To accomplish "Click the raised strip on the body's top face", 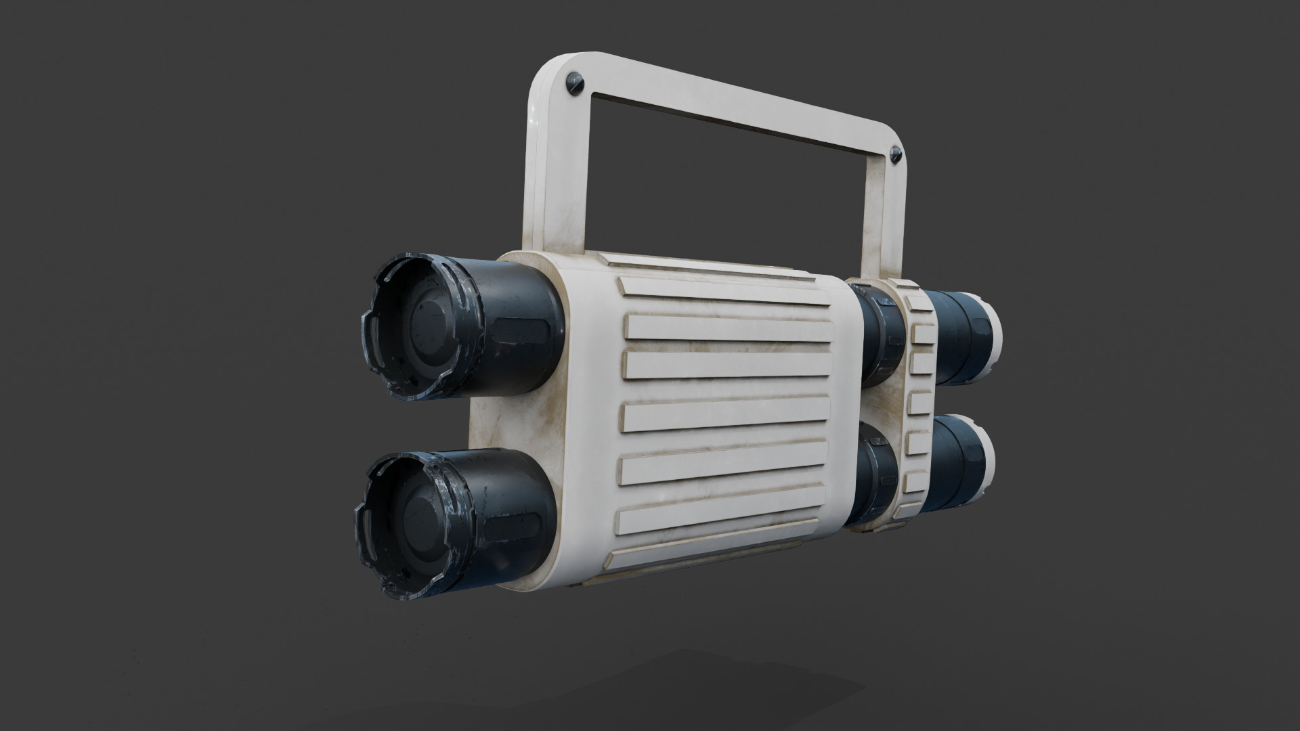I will pyautogui.click(x=704, y=268).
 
